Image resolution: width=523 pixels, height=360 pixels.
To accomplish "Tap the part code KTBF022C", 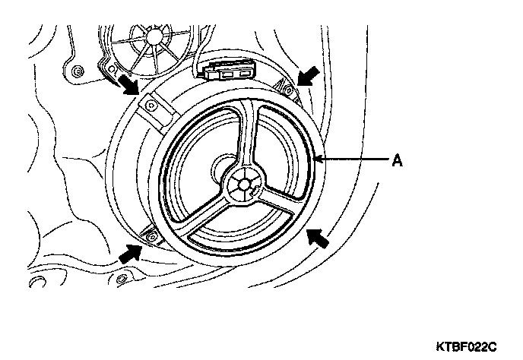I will (465, 346).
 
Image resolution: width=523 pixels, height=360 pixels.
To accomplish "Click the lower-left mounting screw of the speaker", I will (151, 238).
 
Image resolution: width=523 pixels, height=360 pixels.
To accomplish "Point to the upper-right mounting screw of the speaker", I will (290, 90).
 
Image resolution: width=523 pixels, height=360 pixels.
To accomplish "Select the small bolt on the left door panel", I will (79, 72).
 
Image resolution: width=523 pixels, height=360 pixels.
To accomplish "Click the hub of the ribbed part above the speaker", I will (158, 34).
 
